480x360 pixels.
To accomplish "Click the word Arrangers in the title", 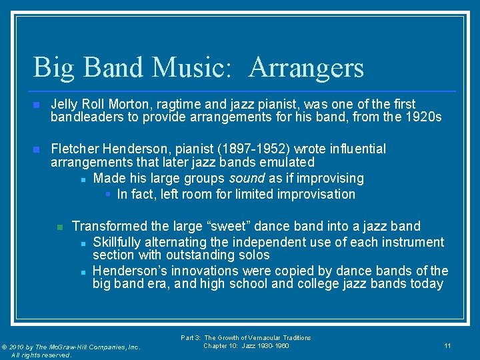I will point(307,68).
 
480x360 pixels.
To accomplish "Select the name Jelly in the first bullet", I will point(65,105).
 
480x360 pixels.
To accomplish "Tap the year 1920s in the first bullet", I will point(425,117).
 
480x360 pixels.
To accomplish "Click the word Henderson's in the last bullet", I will point(128,271).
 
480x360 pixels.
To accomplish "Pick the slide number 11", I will point(447,345).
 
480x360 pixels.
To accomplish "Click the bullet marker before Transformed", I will point(59,227).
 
